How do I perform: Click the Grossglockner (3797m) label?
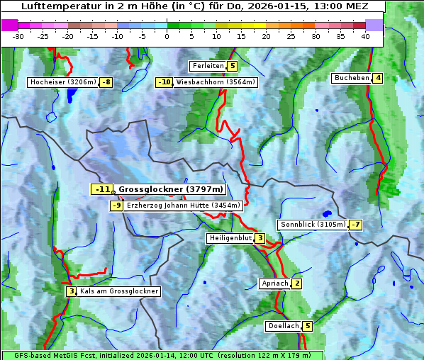(x=170, y=189)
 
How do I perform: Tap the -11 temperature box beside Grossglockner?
(x=102, y=189)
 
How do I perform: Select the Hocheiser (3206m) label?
(x=62, y=82)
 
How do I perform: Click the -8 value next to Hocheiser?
(x=106, y=82)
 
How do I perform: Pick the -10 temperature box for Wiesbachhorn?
(x=164, y=82)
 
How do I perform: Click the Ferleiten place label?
(x=208, y=66)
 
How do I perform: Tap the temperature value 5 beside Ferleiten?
(x=233, y=66)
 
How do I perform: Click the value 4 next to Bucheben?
(x=379, y=78)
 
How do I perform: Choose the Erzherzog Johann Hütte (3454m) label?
(x=184, y=206)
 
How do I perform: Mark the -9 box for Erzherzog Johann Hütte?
(x=117, y=206)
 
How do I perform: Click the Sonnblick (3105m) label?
(x=312, y=225)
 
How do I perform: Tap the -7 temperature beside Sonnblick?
(x=355, y=225)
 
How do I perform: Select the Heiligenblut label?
(x=230, y=238)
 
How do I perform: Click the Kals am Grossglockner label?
(x=118, y=291)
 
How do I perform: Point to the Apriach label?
(x=274, y=284)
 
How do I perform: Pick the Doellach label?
(x=283, y=326)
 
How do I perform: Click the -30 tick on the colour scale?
(x=18, y=35)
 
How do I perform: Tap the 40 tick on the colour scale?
(x=365, y=35)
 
